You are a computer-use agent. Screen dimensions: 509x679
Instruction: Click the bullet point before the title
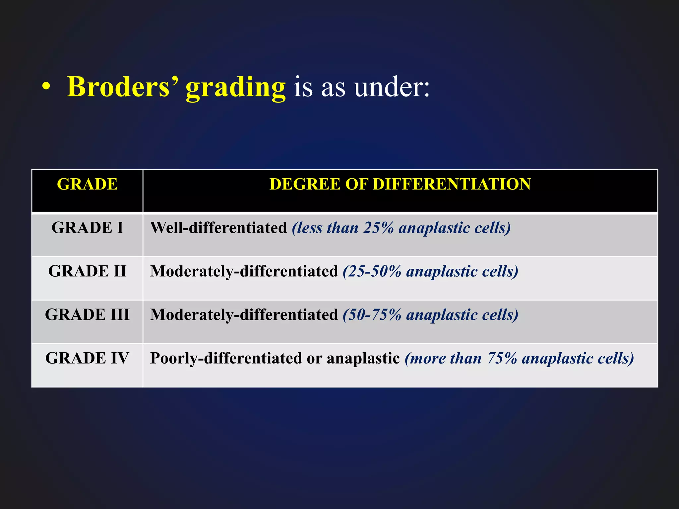pos(46,87)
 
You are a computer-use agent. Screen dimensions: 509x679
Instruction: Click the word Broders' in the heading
pos(122,87)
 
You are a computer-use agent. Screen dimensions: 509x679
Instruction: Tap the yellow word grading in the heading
pos(235,87)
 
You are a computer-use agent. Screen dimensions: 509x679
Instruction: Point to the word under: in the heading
pos(392,87)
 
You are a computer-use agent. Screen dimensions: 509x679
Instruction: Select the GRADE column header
pos(87,184)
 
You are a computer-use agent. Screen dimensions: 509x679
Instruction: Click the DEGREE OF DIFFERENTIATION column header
pos(400,184)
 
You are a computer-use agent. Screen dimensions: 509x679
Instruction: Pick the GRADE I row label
pos(87,228)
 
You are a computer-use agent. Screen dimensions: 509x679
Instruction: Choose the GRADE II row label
pos(87,271)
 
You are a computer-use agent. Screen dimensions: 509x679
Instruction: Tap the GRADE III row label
pos(87,315)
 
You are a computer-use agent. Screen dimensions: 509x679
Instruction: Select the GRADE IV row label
pos(87,358)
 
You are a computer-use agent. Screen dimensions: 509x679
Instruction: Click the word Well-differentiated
pos(218,228)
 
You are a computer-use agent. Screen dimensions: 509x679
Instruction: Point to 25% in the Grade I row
pos(379,228)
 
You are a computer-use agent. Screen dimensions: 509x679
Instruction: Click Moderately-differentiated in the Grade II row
pos(244,271)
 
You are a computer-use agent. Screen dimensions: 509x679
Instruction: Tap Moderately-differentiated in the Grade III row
pos(244,315)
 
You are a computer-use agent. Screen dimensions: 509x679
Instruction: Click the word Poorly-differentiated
pos(226,358)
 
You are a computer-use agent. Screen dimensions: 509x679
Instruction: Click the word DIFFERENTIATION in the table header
pos(452,184)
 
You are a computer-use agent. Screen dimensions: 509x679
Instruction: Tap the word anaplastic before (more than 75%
pos(363,358)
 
